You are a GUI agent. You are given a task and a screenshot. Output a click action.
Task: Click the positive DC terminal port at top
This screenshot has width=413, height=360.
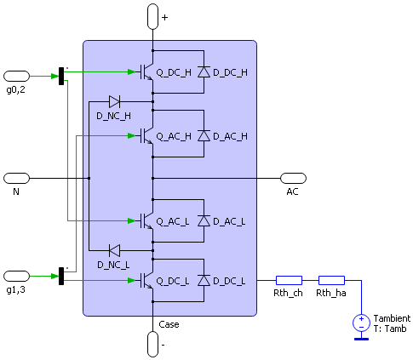pyautogui.click(x=152, y=16)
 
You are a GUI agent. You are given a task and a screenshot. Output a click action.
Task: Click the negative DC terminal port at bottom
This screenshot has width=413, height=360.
pyautogui.click(x=152, y=344)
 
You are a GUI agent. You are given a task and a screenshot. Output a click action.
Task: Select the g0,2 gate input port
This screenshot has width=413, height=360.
pyautogui.click(x=16, y=77)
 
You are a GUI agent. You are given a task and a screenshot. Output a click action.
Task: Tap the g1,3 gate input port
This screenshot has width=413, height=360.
pyautogui.click(x=16, y=276)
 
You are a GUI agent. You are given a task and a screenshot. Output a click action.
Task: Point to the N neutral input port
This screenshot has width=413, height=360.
pyautogui.click(x=16, y=178)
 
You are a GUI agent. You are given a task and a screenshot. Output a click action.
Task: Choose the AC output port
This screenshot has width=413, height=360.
pyautogui.click(x=293, y=178)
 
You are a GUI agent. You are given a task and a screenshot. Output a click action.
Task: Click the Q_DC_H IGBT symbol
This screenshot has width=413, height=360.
pyautogui.click(x=147, y=72)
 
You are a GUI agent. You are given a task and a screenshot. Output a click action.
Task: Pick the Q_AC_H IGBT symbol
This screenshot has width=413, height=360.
pyautogui.click(x=147, y=136)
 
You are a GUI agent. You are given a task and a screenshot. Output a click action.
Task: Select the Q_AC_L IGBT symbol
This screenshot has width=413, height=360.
pyautogui.click(x=147, y=220)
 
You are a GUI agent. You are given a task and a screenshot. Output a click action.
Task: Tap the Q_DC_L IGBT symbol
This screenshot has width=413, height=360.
pyautogui.click(x=147, y=280)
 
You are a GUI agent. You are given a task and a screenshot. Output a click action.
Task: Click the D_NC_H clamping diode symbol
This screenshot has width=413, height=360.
pyautogui.click(x=115, y=101)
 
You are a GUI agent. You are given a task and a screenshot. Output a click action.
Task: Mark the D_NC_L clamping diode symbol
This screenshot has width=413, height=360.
pyautogui.click(x=115, y=250)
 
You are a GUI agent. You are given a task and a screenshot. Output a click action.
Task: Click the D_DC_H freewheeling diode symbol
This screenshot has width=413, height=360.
pyautogui.click(x=204, y=71)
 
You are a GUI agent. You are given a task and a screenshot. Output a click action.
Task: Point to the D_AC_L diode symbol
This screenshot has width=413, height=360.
pyautogui.click(x=204, y=220)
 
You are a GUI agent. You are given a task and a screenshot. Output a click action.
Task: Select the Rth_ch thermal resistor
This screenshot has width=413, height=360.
pyautogui.click(x=289, y=280)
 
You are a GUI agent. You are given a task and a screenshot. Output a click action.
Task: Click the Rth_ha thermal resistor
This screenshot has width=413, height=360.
pyautogui.click(x=331, y=280)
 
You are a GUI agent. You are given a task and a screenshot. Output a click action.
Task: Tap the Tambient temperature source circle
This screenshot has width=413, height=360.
pyautogui.click(x=361, y=323)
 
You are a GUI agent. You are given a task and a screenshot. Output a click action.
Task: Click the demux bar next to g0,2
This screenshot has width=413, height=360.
pyautogui.click(x=61, y=76)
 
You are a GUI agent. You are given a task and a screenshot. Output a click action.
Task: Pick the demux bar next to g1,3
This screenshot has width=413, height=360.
pyautogui.click(x=61, y=276)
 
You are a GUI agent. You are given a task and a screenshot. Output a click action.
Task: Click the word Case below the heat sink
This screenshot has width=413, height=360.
pyautogui.click(x=169, y=324)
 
